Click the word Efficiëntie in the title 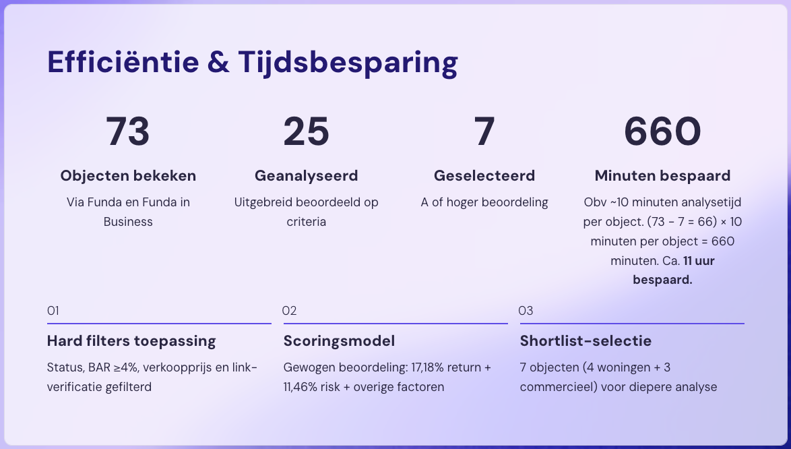pyautogui.click(x=123, y=61)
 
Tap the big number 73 pyautogui.click(x=128, y=131)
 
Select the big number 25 pyautogui.click(x=306, y=131)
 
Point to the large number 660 pyautogui.click(x=662, y=131)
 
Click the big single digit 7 pyautogui.click(x=484, y=131)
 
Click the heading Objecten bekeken pyautogui.click(x=128, y=175)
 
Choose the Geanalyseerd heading pyautogui.click(x=306, y=175)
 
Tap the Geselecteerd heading pyautogui.click(x=484, y=175)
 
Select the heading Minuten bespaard pyautogui.click(x=662, y=175)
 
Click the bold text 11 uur pyautogui.click(x=699, y=261)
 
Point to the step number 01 pyautogui.click(x=53, y=311)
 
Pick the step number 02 pyautogui.click(x=289, y=311)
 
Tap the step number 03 pyautogui.click(x=526, y=311)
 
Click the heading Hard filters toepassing pyautogui.click(x=131, y=341)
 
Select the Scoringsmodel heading pyautogui.click(x=339, y=341)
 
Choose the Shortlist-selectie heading pyautogui.click(x=586, y=341)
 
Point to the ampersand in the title pyautogui.click(x=218, y=62)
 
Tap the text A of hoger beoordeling pyautogui.click(x=484, y=202)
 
